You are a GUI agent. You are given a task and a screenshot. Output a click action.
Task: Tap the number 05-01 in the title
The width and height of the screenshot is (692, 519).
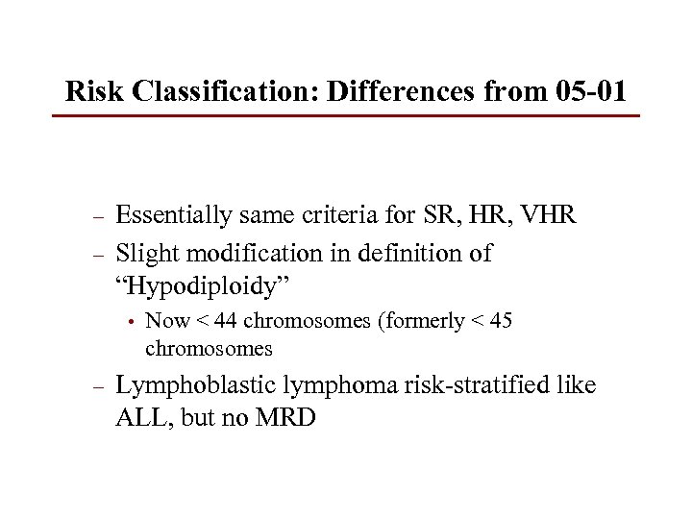tap(591, 91)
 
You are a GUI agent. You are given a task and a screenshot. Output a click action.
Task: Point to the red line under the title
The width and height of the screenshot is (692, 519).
tap(346, 116)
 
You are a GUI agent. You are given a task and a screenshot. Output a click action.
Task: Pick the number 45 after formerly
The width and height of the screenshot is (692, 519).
tap(500, 321)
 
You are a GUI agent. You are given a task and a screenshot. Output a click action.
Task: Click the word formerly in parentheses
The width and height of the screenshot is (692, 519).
tap(427, 321)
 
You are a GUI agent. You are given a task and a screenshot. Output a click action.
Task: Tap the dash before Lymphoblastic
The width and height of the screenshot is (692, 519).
tap(95, 387)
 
